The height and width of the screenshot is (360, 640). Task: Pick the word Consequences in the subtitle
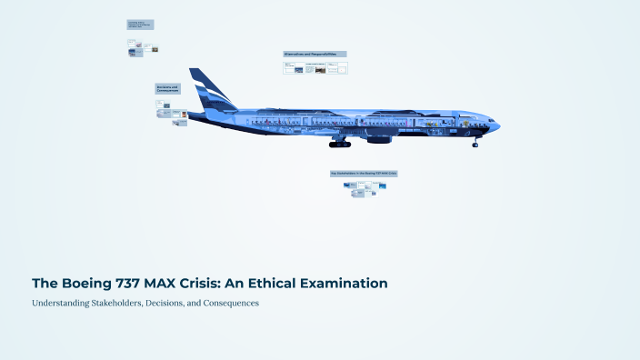pyautogui.click(x=228, y=303)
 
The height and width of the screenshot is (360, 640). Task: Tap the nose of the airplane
pyautogui.click(x=496, y=125)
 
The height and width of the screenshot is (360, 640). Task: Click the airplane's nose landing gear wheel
pyautogui.click(x=475, y=144)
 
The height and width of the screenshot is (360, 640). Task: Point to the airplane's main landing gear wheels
pyautogui.click(x=340, y=144)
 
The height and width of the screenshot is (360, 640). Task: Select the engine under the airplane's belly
pyautogui.click(x=378, y=139)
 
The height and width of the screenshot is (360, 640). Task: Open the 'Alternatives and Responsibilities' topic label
pyautogui.click(x=315, y=55)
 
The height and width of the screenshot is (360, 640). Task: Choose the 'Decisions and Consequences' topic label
pyautogui.click(x=168, y=89)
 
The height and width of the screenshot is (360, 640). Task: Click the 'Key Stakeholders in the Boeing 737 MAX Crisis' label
pyautogui.click(x=364, y=173)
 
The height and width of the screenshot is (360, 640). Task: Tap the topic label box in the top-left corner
pyautogui.click(x=140, y=25)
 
